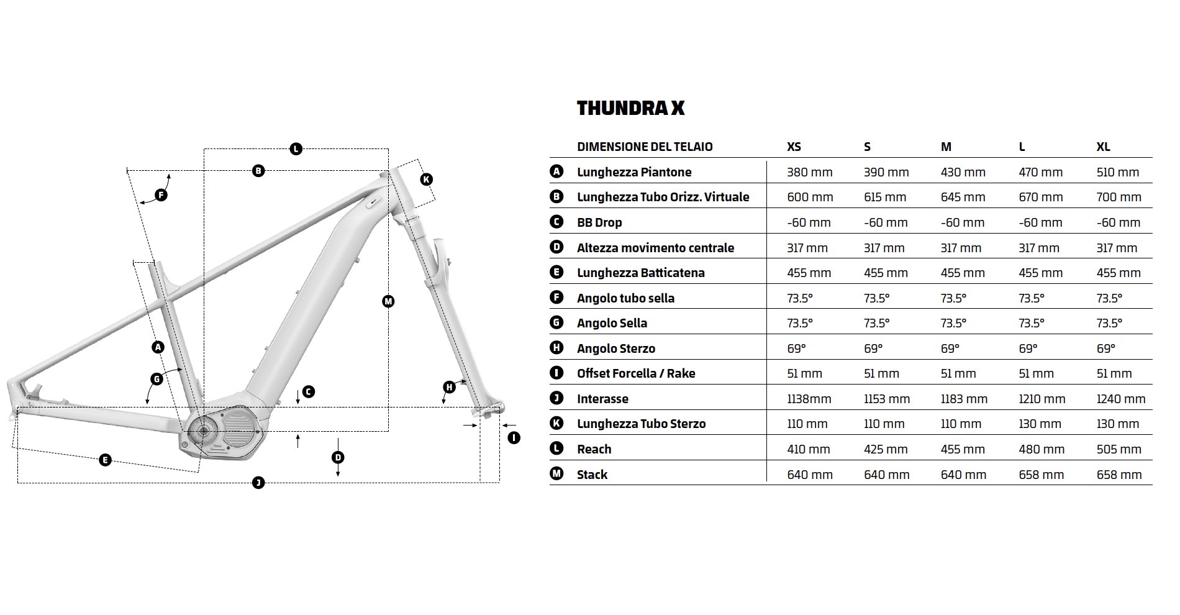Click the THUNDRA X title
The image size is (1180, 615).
630,108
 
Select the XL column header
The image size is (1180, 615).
1103,147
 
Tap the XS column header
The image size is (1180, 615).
794,147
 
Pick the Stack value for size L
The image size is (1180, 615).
1041,475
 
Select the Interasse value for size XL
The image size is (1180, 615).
1120,399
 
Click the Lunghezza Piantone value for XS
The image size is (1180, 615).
809,172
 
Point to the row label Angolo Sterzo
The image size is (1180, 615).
615,348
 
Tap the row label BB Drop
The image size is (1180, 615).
599,222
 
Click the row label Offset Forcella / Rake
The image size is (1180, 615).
635,373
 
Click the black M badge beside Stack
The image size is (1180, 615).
556,474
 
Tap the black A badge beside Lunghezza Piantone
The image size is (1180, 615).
556,171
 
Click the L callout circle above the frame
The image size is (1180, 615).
296,148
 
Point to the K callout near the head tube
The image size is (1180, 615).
426,180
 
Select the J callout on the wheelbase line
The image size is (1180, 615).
258,483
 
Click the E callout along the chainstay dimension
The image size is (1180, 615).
105,460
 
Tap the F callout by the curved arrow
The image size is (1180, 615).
161,195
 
